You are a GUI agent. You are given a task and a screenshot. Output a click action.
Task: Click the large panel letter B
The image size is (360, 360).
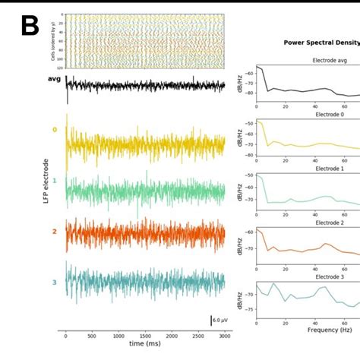click(x=29, y=27)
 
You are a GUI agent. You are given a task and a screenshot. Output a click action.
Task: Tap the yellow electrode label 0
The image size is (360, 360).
click(x=54, y=130)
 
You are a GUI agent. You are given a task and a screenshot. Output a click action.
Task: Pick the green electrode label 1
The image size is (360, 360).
click(x=54, y=182)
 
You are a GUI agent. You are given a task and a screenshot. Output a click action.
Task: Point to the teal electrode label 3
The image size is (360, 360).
click(x=54, y=282)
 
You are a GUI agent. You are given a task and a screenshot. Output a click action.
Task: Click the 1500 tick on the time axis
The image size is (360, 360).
click(x=145, y=335)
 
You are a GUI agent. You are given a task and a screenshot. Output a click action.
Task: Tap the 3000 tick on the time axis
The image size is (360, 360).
click(x=224, y=335)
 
